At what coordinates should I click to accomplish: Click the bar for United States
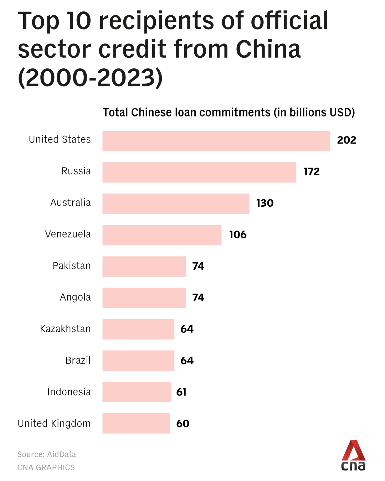coord(216,141)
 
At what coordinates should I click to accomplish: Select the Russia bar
coord(199,172)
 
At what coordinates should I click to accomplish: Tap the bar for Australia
coord(176,204)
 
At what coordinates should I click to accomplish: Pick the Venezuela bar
coord(162,235)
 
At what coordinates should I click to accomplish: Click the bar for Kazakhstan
coord(138,329)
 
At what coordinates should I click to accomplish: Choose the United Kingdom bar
coord(136,423)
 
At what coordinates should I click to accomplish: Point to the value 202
coord(346,140)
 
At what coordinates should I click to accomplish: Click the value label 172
coord(312,172)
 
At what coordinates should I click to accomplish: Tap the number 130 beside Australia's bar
coord(265,203)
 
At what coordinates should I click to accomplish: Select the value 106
coord(238,234)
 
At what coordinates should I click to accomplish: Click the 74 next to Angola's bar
coord(198,298)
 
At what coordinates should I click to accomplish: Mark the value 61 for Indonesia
coord(181,392)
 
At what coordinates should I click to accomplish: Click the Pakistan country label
coord(72,266)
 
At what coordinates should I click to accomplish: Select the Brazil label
coord(78,360)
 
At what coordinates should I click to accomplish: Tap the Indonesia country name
coord(69,392)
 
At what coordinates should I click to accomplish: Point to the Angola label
coord(75,298)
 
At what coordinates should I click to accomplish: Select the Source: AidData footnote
coord(47,454)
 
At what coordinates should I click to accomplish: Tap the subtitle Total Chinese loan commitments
coord(186,113)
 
